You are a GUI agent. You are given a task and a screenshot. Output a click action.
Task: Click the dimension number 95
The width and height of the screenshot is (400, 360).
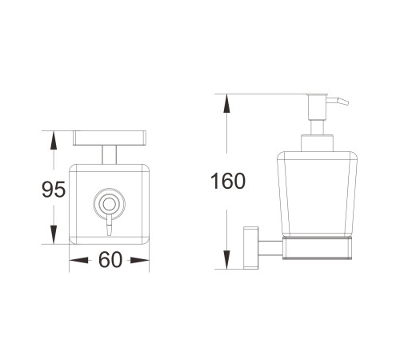(54, 189)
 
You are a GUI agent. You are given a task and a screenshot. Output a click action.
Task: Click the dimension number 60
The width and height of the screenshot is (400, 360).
(110, 260)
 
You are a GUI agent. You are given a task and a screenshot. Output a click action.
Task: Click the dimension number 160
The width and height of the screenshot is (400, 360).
(228, 181)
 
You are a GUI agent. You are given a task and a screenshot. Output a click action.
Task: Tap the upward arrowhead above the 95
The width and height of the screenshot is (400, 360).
(54, 141)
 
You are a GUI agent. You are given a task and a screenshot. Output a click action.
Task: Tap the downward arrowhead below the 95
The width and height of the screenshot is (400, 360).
(54, 234)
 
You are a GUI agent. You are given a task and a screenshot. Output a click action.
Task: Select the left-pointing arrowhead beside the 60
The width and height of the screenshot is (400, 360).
(78, 260)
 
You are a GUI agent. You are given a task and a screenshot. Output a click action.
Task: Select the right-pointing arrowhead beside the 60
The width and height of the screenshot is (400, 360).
(140, 260)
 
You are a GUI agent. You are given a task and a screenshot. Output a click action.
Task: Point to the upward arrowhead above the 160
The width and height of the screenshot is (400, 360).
(226, 103)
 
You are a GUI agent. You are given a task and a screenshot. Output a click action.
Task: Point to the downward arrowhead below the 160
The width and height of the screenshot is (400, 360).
(226, 260)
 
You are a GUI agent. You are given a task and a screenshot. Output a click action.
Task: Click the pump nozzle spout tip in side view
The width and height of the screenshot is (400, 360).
(346, 103)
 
